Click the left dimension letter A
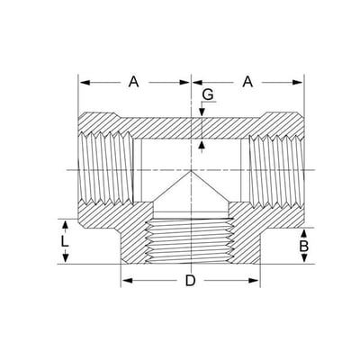tap(133, 82)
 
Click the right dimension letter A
tap(247, 82)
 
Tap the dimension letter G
tap(208, 94)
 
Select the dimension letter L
tap(65, 241)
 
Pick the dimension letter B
tap(304, 247)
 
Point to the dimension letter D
tap(190, 281)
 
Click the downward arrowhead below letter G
tap(202, 112)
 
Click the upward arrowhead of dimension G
tap(202, 145)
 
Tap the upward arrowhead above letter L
tap(66, 224)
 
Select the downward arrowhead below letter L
tap(66, 258)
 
